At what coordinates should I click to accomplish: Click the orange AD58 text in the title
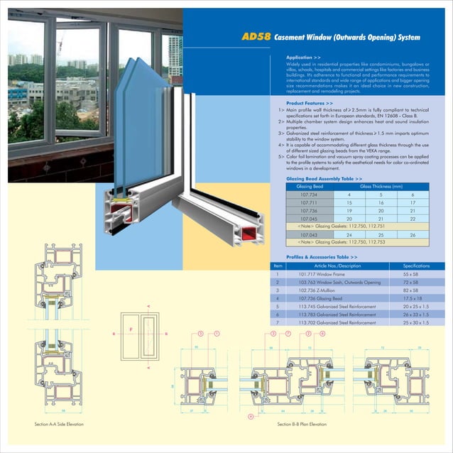pos(256,36)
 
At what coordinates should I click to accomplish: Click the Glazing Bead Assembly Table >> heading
pos(324,179)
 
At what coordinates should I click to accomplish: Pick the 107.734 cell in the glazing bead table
pos(309,194)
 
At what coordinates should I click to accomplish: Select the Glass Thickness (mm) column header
pos(381,186)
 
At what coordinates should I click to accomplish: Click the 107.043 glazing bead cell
pos(309,234)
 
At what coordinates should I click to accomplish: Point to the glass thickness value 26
pos(412,234)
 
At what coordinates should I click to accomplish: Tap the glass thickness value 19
pos(349,210)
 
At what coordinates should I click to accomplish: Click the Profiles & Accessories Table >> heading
pos(322,256)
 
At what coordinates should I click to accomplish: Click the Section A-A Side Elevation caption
pos(60,424)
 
